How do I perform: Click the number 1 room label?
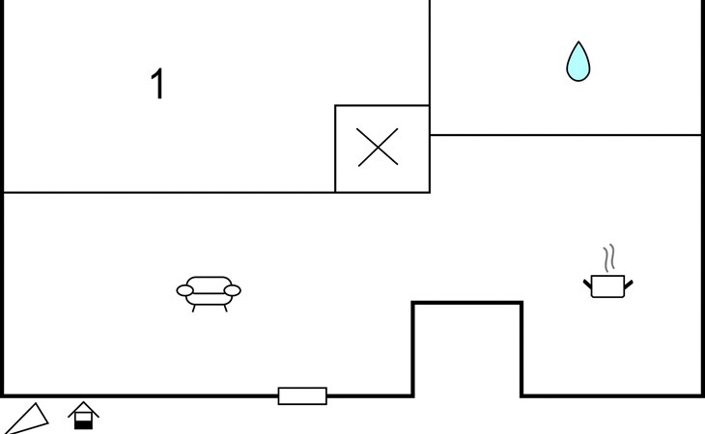pos(156,85)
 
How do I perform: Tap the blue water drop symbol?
pos(578,63)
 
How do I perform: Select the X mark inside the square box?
pos(378,148)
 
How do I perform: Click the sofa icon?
pos(209,290)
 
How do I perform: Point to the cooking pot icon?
pos(607,285)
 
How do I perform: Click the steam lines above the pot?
pos(608,258)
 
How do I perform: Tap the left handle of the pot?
pos(587,283)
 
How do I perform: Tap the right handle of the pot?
pos(629,283)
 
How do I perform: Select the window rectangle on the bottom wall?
pos(302,395)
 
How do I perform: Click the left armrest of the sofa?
pos(184,290)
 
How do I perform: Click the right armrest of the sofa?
pos(232,290)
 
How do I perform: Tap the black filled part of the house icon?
pos(84,423)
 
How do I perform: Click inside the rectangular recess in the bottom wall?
pos(467,352)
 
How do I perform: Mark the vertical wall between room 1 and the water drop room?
pos(430,53)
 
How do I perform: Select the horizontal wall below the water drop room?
pos(565,135)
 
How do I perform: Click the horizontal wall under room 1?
pos(169,193)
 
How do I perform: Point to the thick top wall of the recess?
pos(467,303)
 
